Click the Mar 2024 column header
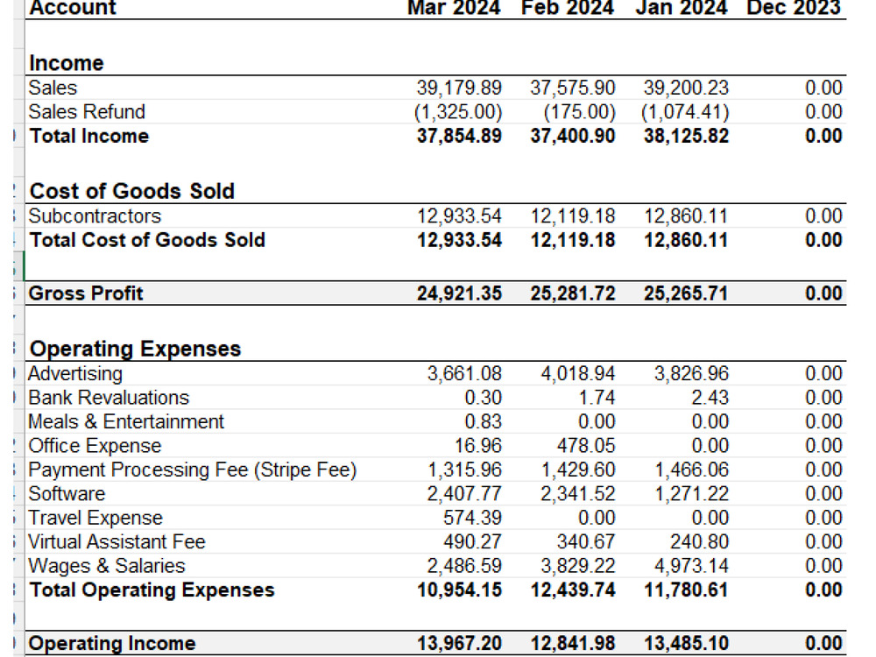(x=454, y=8)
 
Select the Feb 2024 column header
(x=567, y=8)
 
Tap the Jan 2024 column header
(x=681, y=8)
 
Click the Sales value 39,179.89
(x=459, y=88)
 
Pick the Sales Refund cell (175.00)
(x=579, y=112)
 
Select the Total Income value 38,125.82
(x=686, y=136)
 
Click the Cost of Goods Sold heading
(x=132, y=191)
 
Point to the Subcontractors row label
(x=95, y=215)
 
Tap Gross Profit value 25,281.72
(x=573, y=293)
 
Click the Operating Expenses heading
(x=135, y=349)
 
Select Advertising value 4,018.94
(x=577, y=373)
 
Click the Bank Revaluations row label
(x=109, y=397)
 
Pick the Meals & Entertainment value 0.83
(x=484, y=421)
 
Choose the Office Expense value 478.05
(x=586, y=445)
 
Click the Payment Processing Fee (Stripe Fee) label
(x=192, y=470)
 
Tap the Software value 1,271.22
(x=691, y=494)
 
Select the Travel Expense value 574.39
(x=473, y=518)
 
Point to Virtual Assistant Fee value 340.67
(x=586, y=542)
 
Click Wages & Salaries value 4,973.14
(x=691, y=566)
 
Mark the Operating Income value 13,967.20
(x=459, y=643)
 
